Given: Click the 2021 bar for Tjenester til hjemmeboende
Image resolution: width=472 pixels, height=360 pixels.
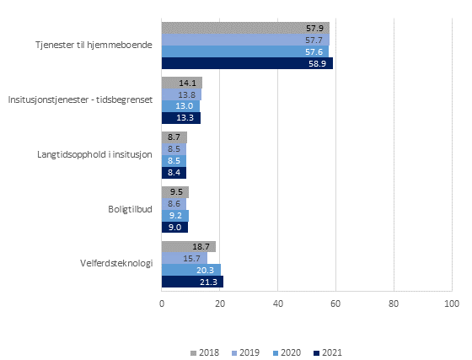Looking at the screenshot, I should [x=246, y=63].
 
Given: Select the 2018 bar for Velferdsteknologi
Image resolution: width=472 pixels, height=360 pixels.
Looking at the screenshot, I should [x=188, y=246].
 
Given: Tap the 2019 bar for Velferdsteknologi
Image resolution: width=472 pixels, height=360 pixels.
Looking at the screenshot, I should [x=184, y=258].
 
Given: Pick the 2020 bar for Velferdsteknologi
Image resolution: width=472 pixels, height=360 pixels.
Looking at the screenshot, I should [x=190, y=270].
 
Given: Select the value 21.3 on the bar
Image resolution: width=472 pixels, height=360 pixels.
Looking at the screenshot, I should [x=207, y=282].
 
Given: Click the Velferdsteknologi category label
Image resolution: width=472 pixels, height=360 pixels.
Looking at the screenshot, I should [x=116, y=264].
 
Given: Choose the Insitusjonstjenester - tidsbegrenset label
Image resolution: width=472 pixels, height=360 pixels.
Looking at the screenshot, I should [x=80, y=99].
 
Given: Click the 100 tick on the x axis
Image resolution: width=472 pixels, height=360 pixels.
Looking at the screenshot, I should [x=451, y=303].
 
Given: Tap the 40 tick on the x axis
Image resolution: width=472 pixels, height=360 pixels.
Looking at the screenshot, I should [x=277, y=303].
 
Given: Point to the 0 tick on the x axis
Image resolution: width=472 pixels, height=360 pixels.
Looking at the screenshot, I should [x=162, y=303].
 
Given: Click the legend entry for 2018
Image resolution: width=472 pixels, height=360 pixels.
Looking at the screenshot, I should [x=204, y=352].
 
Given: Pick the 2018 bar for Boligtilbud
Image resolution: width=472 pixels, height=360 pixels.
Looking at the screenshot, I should [x=174, y=191].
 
